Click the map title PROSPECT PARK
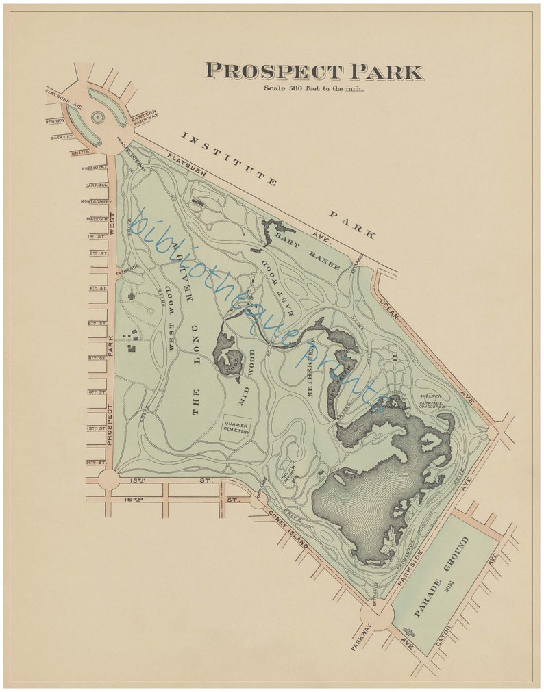314,72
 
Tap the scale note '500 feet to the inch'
314,88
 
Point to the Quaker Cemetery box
234,428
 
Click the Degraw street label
55,121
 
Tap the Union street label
80,152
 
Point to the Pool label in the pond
232,357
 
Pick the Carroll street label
97,185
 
